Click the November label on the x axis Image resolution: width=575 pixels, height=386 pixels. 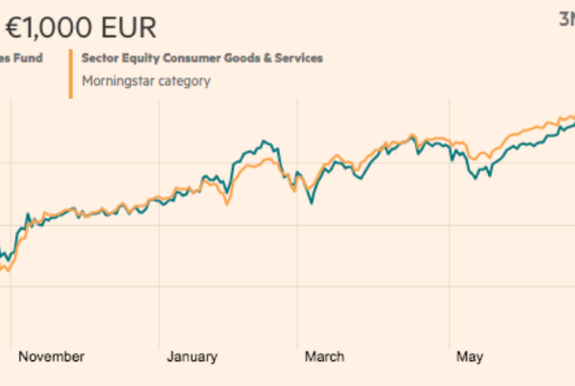[x=52, y=357]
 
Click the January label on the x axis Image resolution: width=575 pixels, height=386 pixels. [x=192, y=357]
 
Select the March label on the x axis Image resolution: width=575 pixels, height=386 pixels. [x=325, y=357]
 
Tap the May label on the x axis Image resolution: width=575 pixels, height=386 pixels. [x=470, y=357]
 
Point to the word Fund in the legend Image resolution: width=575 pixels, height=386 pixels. [x=29, y=58]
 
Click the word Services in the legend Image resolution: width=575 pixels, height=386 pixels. [x=299, y=58]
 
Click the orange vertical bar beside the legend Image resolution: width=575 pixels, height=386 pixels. [x=71, y=73]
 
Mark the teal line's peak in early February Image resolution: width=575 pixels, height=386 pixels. [x=260, y=142]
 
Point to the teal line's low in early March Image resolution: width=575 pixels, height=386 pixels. [x=310, y=203]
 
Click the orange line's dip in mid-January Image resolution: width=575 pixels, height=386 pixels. [x=227, y=203]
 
